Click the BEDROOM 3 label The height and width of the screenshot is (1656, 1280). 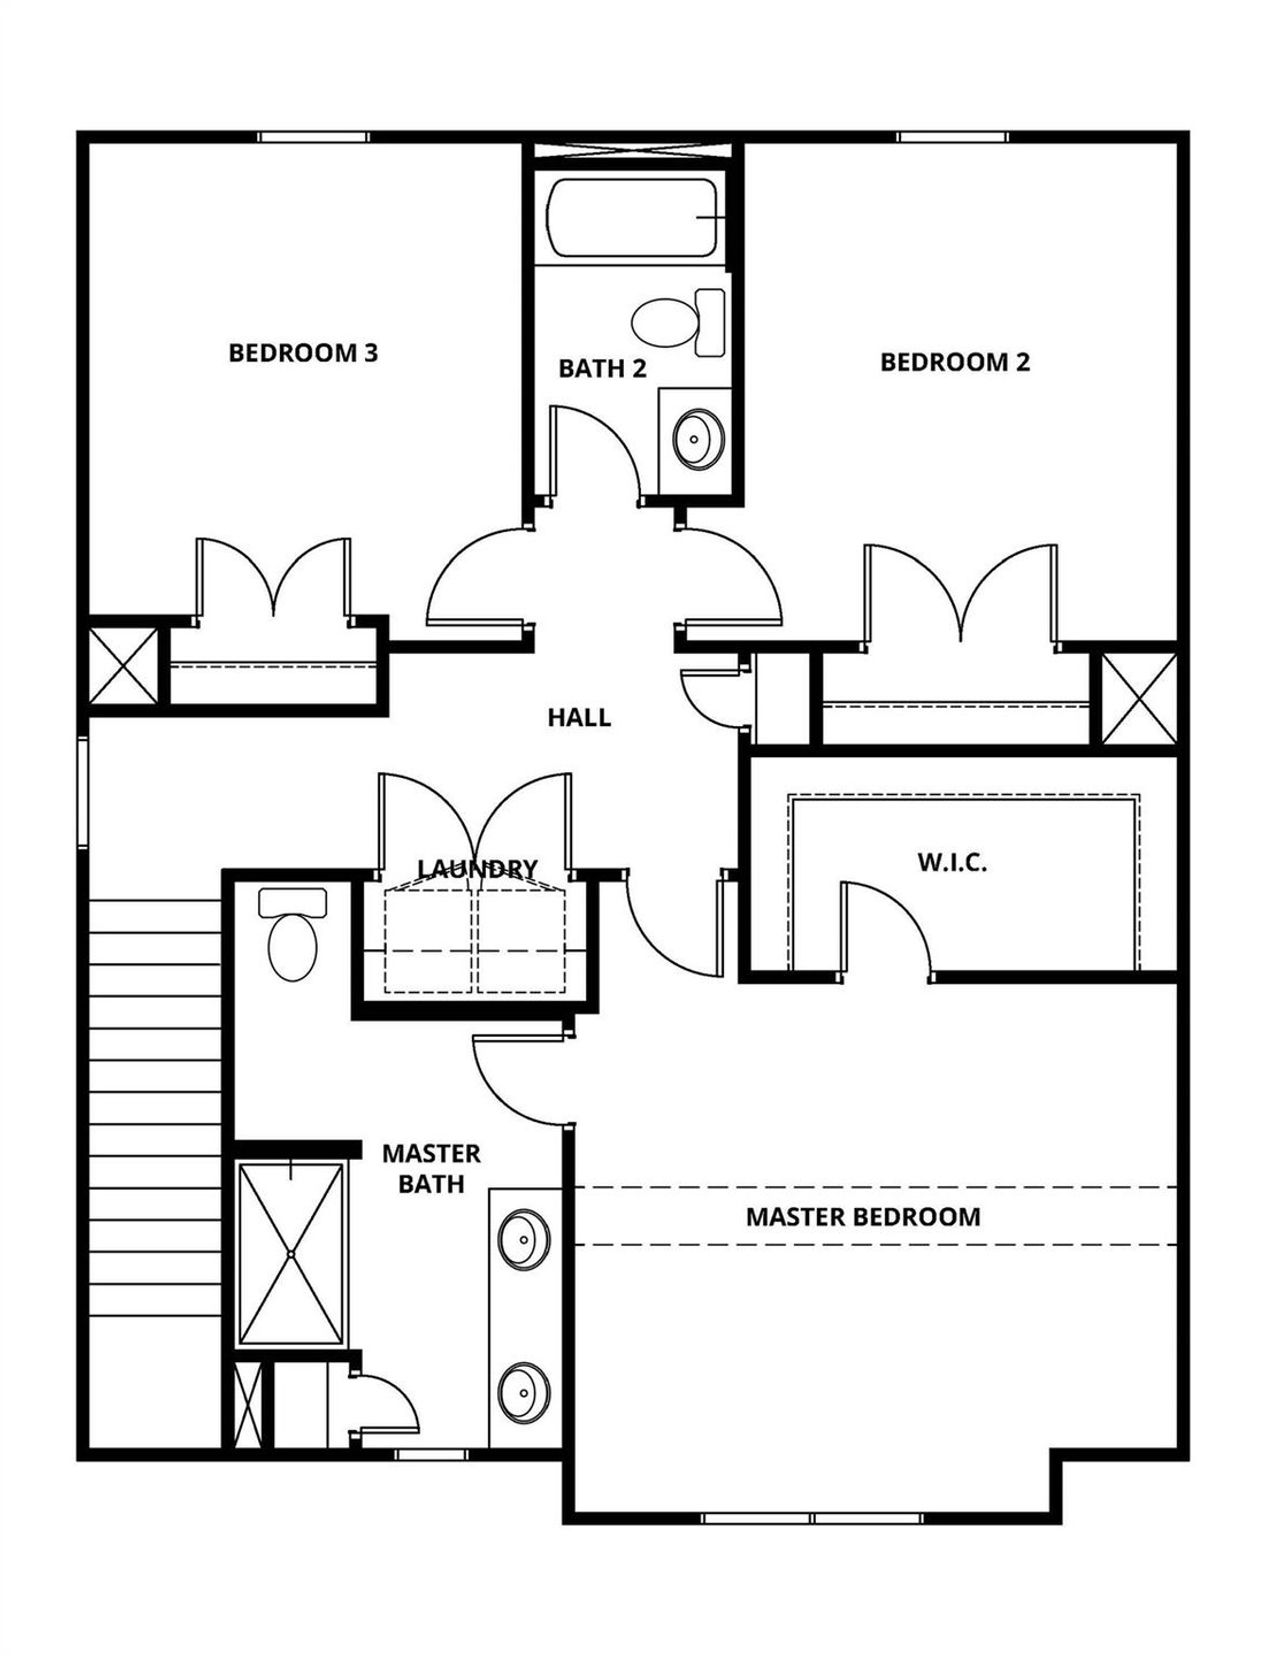pyautogui.click(x=303, y=353)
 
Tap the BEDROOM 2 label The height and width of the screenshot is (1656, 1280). pyautogui.click(x=954, y=362)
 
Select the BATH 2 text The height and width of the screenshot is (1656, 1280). pyautogui.click(x=602, y=369)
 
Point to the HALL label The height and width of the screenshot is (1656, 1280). pyautogui.click(x=579, y=718)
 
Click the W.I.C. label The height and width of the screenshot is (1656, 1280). pyautogui.click(x=952, y=863)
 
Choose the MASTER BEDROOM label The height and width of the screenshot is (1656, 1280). pyautogui.click(x=862, y=1217)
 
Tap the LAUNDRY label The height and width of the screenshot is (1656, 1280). pyautogui.click(x=477, y=868)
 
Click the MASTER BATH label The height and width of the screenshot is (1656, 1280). pyautogui.click(x=431, y=1169)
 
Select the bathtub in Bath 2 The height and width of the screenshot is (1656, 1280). pyautogui.click(x=634, y=217)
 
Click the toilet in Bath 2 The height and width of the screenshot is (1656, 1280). pyautogui.click(x=680, y=322)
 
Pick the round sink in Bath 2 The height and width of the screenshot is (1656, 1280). pyautogui.click(x=697, y=437)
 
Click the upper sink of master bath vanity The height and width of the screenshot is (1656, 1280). pyautogui.click(x=523, y=1240)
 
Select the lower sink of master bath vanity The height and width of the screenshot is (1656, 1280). pyautogui.click(x=523, y=1390)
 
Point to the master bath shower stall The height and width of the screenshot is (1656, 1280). pyautogui.click(x=291, y=1254)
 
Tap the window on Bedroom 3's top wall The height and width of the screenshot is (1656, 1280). pyautogui.click(x=313, y=137)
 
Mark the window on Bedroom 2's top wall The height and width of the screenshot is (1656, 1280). pyautogui.click(x=951, y=137)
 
